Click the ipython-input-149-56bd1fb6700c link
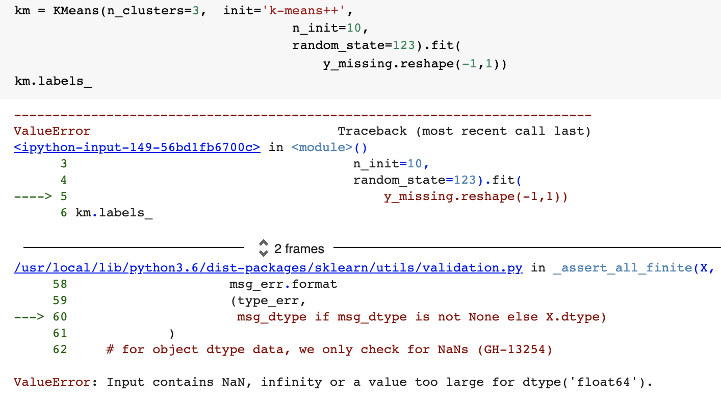pos(137,147)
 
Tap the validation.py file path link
pos(268,268)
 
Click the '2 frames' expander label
pos(299,249)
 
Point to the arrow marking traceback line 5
pos(33,196)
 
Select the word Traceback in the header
pos(372,131)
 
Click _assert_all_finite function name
pos(623,268)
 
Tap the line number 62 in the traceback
pos(60,350)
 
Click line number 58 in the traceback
pos(60,284)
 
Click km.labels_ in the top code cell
pos(54,81)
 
